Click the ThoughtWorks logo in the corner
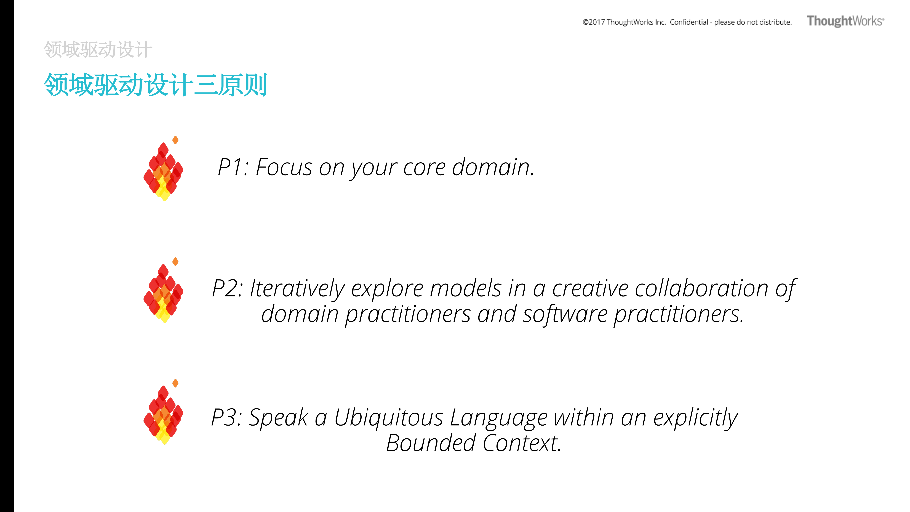click(845, 21)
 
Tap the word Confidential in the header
click(689, 22)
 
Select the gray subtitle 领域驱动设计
click(98, 49)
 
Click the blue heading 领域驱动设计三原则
click(155, 85)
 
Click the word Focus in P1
click(284, 167)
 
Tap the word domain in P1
click(493, 167)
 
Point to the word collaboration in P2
click(702, 288)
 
